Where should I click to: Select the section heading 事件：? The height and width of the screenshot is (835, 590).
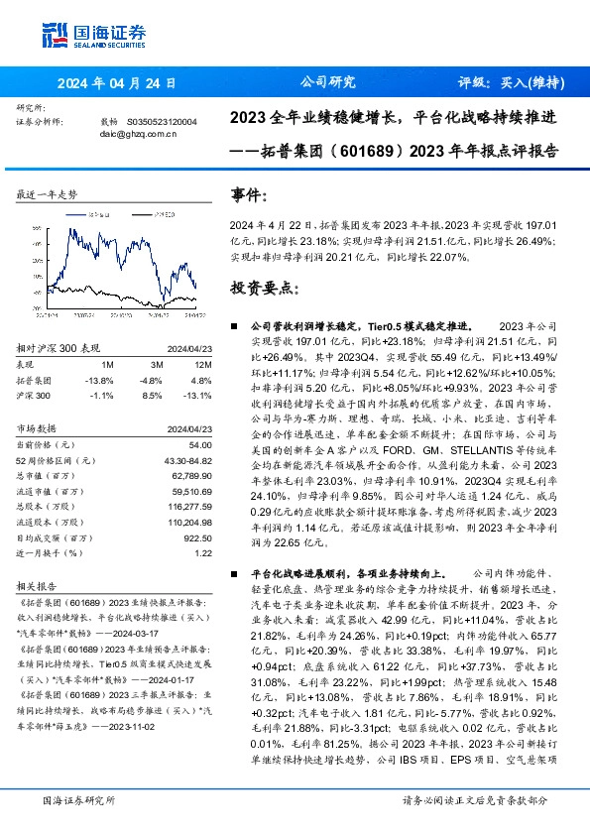click(x=249, y=195)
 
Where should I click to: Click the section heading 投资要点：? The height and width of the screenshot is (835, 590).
click(x=263, y=288)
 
